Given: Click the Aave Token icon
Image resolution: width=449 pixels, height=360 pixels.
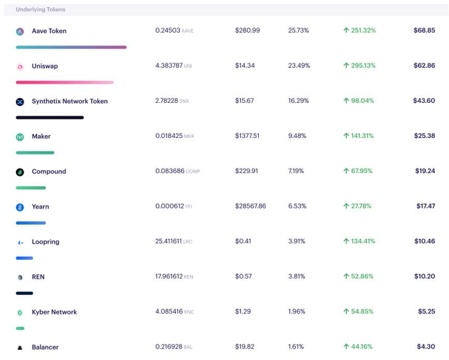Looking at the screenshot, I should pyautogui.click(x=20, y=32).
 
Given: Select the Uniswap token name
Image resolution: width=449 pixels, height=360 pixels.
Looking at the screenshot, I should pyautogui.click(x=45, y=66).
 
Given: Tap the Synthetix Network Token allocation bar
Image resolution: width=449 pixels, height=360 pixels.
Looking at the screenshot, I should pyautogui.click(x=50, y=118).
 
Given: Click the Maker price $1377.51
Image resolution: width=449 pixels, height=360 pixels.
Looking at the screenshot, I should pyautogui.click(x=247, y=136).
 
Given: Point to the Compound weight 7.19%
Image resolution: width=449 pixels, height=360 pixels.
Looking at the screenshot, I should pyautogui.click(x=297, y=171).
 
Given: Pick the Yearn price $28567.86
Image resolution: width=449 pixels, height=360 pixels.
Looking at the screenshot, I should pyautogui.click(x=250, y=206).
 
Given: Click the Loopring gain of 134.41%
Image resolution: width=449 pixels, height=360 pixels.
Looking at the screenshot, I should pyautogui.click(x=359, y=241).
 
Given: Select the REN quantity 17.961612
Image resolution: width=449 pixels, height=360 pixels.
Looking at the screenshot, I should pyautogui.click(x=169, y=277).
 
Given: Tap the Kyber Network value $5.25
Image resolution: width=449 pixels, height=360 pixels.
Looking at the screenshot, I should pyautogui.click(x=426, y=312).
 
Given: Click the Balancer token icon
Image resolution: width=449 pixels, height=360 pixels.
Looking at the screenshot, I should pyautogui.click(x=20, y=348).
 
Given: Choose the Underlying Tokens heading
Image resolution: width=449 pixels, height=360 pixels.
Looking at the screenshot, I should pyautogui.click(x=40, y=10).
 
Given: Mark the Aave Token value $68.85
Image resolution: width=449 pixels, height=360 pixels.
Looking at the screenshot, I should pyautogui.click(x=424, y=31).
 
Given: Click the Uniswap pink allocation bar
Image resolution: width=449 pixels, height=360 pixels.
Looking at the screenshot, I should pyautogui.click(x=65, y=82).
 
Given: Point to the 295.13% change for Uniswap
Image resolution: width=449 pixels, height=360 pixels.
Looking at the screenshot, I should pyautogui.click(x=359, y=66).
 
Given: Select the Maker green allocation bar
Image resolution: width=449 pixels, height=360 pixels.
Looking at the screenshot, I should pyautogui.click(x=35, y=153).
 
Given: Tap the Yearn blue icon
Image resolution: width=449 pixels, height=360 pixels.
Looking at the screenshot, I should pyautogui.click(x=20, y=207).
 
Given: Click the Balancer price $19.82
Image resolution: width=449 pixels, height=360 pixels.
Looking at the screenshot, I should pyautogui.click(x=244, y=347).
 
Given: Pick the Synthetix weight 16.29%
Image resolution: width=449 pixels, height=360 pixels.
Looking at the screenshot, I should pyautogui.click(x=299, y=101).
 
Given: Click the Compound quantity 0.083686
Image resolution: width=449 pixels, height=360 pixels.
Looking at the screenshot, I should pyautogui.click(x=170, y=171).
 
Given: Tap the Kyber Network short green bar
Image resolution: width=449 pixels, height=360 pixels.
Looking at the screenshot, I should pyautogui.click(x=20, y=328).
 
